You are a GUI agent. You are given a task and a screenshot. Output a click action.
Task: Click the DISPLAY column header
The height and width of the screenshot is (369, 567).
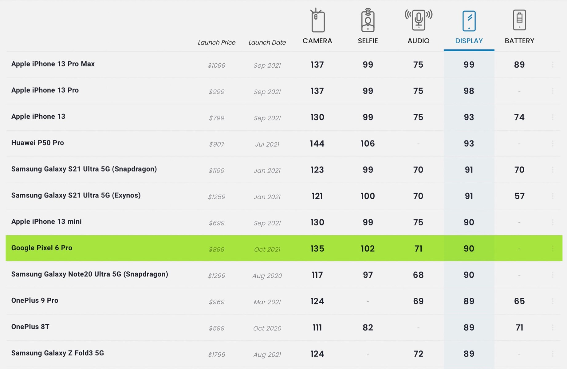[x=469, y=41]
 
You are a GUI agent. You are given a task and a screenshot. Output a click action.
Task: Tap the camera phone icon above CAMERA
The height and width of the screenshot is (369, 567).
[x=317, y=20]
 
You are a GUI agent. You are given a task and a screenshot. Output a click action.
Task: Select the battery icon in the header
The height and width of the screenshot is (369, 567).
[x=519, y=20]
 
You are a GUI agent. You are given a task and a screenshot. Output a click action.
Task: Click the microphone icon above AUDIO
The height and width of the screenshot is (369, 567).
[x=418, y=20]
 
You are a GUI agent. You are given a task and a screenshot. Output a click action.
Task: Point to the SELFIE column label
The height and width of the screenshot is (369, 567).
[x=368, y=41]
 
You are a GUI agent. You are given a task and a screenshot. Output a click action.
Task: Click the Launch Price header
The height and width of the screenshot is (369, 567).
[x=217, y=42]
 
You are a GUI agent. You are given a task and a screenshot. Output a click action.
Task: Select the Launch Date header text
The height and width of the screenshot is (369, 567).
[x=267, y=42]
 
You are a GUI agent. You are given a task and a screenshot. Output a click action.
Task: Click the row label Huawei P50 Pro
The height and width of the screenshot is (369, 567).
[x=37, y=143]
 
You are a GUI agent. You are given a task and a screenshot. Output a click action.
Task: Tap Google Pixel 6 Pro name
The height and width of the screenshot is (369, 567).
[x=42, y=248]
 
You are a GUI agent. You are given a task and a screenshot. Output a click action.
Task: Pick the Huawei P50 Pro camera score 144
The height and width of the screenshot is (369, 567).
[x=317, y=144]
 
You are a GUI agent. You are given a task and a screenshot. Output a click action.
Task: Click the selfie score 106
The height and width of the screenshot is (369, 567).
[x=368, y=144]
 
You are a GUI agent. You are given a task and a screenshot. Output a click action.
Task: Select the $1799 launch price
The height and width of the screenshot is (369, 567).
[x=217, y=355]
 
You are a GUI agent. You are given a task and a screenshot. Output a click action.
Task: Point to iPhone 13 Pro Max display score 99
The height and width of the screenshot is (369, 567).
[x=469, y=65]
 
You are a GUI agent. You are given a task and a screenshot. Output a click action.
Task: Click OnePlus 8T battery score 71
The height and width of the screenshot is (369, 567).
[x=519, y=327]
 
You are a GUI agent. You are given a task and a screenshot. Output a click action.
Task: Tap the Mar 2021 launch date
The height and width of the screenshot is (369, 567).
[x=267, y=302]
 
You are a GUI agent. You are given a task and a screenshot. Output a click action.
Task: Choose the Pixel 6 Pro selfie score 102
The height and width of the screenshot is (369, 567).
[x=368, y=248]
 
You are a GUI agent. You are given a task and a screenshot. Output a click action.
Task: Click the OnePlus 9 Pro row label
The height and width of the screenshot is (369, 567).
[x=35, y=300]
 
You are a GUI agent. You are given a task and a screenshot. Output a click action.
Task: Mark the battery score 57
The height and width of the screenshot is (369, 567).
[x=519, y=196]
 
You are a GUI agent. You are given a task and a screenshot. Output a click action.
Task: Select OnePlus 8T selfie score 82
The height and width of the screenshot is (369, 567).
[x=368, y=327]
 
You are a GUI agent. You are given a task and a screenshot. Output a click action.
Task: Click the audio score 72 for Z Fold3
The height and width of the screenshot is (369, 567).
[x=418, y=354]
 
